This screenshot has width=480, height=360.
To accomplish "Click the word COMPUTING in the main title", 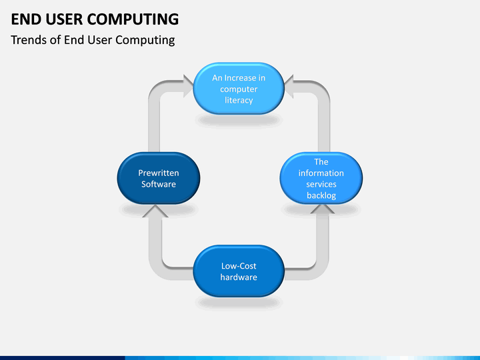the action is click(133, 19).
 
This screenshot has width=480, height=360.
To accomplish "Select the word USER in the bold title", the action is click(64, 19).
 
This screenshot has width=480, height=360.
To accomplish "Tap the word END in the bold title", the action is click(26, 19).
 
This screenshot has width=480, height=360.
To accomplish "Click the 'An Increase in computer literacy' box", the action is click(239, 89).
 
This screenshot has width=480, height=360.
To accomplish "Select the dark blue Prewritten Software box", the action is click(159, 178).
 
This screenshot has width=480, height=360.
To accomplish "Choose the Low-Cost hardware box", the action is click(239, 271).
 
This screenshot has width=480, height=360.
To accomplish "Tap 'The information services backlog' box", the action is click(321, 178).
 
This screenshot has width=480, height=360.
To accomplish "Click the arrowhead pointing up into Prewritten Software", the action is click(155, 211).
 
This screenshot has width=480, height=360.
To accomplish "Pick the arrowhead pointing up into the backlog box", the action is click(323, 209).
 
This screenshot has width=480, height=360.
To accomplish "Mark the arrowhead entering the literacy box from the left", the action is click(188, 86).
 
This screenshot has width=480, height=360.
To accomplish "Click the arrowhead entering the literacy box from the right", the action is click(289, 86).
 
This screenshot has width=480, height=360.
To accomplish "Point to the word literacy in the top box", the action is click(239, 101).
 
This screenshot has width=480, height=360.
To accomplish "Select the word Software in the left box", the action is click(159, 184).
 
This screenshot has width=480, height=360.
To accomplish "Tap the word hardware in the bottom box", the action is click(239, 277).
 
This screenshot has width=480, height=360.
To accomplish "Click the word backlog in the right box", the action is click(321, 195).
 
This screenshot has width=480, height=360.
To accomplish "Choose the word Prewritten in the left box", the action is click(159, 173).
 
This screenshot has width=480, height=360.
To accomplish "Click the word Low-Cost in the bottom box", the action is click(239, 266).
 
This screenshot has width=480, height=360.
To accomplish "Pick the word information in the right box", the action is click(321, 173).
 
